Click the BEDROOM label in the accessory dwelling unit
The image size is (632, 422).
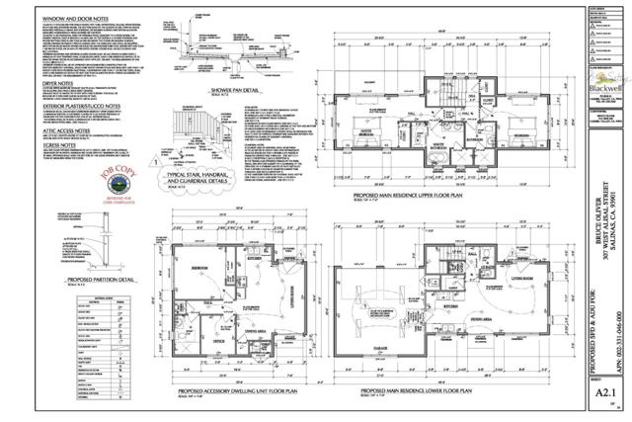[197, 268]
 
